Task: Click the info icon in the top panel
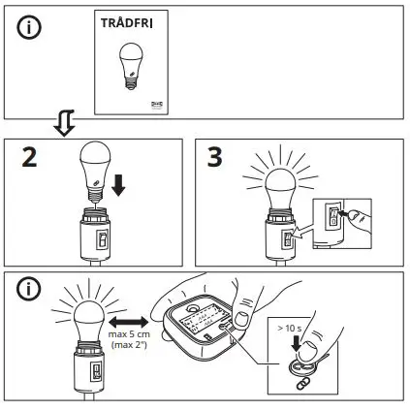(x=32, y=29)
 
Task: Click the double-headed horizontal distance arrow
(x=127, y=320)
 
